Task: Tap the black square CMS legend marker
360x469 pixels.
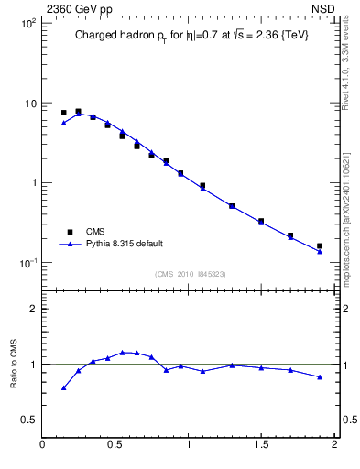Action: pos(66,232)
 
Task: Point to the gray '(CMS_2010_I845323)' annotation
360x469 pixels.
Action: pos(191,273)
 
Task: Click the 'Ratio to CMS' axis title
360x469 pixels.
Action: pos(13,364)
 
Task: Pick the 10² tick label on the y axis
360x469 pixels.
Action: pos(27,22)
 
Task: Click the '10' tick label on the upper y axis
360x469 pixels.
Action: pos(30,103)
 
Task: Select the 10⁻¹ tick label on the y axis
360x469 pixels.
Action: pos(27,263)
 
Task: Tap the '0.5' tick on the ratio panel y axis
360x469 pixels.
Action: pos(27,420)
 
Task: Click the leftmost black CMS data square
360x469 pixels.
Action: pos(63,113)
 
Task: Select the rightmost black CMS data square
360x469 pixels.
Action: pos(320,245)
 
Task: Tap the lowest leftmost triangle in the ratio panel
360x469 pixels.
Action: pos(63,387)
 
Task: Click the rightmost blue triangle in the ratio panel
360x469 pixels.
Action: pos(320,376)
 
